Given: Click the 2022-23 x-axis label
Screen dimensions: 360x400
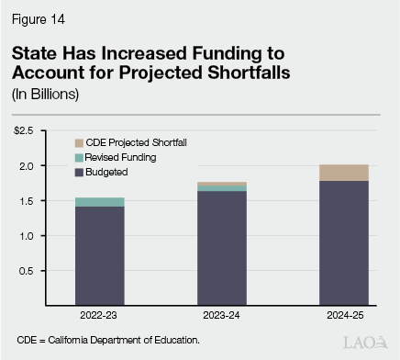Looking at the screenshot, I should click(x=99, y=315).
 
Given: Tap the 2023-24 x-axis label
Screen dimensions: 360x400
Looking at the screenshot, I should click(x=222, y=315).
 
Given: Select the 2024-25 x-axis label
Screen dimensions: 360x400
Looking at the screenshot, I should click(x=343, y=315).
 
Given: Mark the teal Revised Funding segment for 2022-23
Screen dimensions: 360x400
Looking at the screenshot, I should click(x=99, y=202).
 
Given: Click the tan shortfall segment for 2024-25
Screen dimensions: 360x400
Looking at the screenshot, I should click(x=343, y=173).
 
